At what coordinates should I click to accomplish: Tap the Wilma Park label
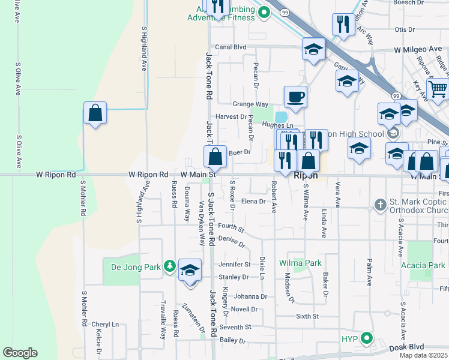(300, 263)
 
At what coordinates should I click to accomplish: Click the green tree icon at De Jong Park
(170, 266)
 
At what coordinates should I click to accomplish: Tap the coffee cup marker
(295, 97)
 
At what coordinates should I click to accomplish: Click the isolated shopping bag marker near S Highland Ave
(95, 112)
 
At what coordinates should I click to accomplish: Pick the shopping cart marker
(438, 90)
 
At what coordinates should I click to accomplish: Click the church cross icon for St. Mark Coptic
(380, 206)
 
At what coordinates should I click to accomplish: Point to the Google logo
(20, 353)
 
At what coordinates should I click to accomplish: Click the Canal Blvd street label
(231, 47)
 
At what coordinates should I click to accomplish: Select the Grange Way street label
(250, 104)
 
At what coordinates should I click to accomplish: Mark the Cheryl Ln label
(105, 324)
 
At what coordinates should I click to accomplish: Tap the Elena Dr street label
(253, 202)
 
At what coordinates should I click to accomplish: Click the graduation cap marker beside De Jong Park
(190, 271)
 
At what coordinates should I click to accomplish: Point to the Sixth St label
(307, 316)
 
